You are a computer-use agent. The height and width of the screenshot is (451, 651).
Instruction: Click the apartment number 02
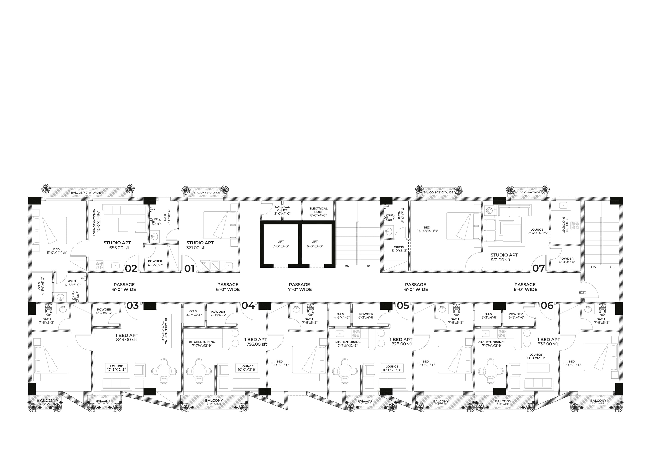click(131, 268)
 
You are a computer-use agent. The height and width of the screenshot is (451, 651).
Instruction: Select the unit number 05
click(403, 306)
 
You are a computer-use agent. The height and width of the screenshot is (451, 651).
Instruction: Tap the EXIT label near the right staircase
click(582, 292)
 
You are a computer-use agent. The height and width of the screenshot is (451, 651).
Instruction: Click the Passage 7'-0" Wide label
click(299, 287)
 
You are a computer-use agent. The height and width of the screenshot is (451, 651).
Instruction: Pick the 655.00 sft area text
click(119, 248)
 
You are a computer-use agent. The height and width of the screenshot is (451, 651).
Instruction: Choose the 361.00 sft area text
click(196, 248)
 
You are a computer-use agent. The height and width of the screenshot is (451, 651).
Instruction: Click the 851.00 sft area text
click(501, 260)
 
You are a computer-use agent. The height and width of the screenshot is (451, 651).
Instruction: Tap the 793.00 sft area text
click(257, 344)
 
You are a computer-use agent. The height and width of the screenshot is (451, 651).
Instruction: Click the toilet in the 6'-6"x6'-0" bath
click(75, 296)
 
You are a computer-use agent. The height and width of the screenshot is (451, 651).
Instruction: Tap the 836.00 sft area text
click(548, 344)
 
